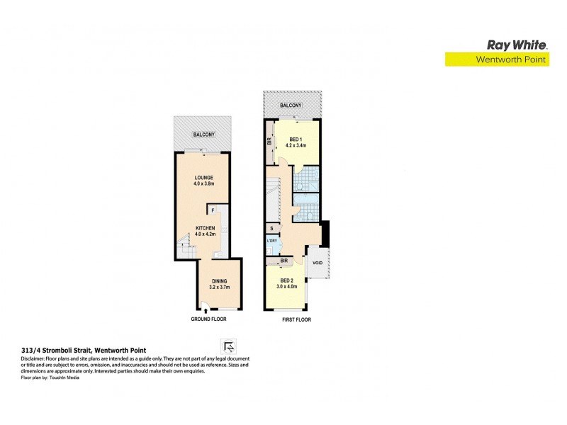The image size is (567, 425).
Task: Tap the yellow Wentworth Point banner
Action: (x=497, y=60)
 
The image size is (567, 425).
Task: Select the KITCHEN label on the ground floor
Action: (x=206, y=228)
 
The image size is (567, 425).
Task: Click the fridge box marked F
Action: (x=212, y=210)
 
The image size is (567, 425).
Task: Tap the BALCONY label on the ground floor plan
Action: (x=204, y=135)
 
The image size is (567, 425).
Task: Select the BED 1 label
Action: (x=295, y=140)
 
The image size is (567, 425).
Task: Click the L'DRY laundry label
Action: (x=272, y=242)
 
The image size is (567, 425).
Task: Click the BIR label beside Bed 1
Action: (x=269, y=141)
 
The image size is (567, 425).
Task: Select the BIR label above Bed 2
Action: (x=283, y=261)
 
